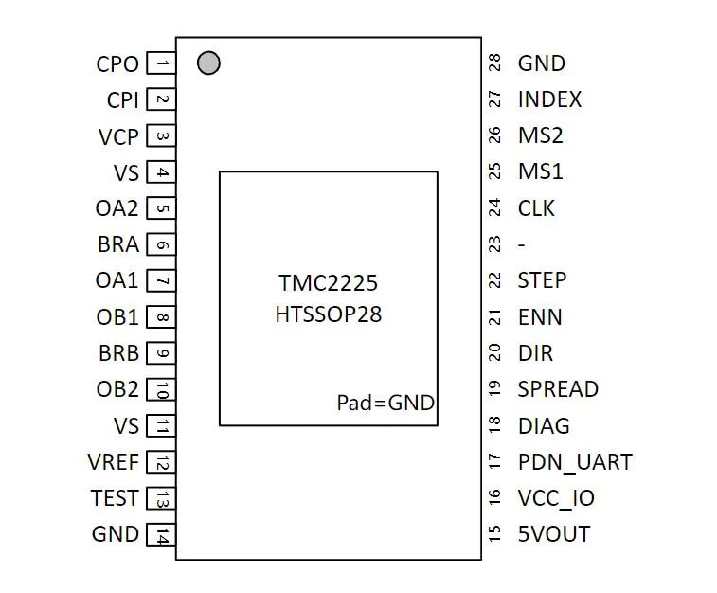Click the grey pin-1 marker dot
pyautogui.click(x=208, y=63)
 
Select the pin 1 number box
pyautogui.click(x=162, y=64)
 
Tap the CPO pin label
pyautogui.click(x=117, y=64)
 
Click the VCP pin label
pyautogui.click(x=118, y=137)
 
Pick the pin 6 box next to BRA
pyautogui.click(x=162, y=245)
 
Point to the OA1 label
pyautogui.click(x=117, y=281)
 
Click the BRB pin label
pyautogui.click(x=118, y=354)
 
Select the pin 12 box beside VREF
pyautogui.click(x=162, y=463)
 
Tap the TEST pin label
pyautogui.click(x=115, y=498)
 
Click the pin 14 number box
pyautogui.click(x=162, y=535)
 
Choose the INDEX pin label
pyautogui.click(x=549, y=99)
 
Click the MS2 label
pyautogui.click(x=540, y=135)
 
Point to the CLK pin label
pyautogui.click(x=536, y=208)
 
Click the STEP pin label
pyautogui.click(x=542, y=280)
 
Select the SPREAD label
pyautogui.click(x=558, y=389)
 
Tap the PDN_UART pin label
pyautogui.click(x=574, y=462)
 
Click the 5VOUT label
pyautogui.click(x=553, y=534)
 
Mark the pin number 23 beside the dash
pyautogui.click(x=494, y=244)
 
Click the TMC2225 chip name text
pyautogui.click(x=328, y=283)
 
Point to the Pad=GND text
pyautogui.click(x=385, y=403)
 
